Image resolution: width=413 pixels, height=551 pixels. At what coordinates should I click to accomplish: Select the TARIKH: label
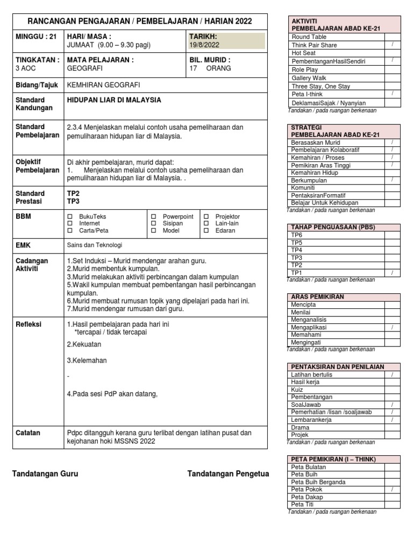pos(203,37)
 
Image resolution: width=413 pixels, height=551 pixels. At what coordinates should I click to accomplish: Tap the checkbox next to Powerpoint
pos(153,216)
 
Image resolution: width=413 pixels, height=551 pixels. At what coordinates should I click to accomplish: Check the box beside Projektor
pos(206,216)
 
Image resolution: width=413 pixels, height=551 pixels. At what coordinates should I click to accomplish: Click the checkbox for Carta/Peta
pos(69,230)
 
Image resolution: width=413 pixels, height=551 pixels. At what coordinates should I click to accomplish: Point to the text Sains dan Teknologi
pos(94,245)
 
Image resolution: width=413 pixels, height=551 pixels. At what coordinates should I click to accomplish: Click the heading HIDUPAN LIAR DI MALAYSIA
pos(113,100)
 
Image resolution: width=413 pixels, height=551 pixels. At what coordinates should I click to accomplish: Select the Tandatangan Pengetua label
pos(228,474)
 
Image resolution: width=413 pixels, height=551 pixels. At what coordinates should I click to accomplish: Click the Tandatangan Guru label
pos(45,474)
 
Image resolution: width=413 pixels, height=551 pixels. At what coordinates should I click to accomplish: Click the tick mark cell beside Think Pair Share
pos(392,45)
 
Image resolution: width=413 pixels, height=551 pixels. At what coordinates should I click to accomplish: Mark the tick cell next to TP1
pos(392,273)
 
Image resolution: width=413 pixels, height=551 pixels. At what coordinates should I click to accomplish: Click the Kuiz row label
pos(297,390)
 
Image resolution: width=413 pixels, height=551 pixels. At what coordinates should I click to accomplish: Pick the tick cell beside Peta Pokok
pos(392,490)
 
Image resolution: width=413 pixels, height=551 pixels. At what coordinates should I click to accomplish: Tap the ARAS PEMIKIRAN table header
pos(317,297)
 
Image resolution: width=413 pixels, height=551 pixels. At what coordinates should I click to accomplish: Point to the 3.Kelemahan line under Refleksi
pos(87,361)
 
